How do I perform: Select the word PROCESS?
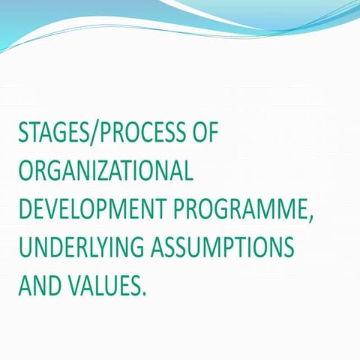pos(139,135)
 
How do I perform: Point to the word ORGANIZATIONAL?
pos(106,172)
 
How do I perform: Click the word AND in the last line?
pos(37,285)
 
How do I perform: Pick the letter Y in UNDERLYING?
pos(94,247)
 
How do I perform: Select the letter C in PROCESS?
pos(139,135)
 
